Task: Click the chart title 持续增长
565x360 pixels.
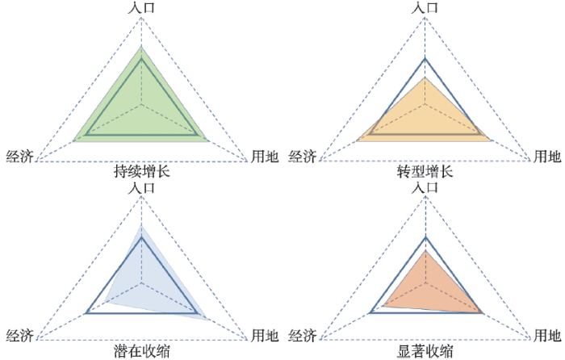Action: tap(141, 171)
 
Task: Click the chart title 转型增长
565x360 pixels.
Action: tap(425, 171)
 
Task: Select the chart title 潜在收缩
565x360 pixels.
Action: tap(141, 351)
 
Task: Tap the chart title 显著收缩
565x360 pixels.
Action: tap(425, 351)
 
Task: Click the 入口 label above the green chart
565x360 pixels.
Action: tap(141, 7)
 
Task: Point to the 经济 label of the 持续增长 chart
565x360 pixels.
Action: tap(20, 157)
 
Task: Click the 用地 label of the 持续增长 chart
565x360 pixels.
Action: tap(265, 157)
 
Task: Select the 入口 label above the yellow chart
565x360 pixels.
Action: tap(425, 7)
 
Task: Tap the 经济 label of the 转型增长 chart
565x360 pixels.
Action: tap(303, 157)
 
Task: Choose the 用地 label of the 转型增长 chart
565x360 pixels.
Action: tap(547, 157)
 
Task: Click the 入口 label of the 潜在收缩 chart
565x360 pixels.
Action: tap(141, 187)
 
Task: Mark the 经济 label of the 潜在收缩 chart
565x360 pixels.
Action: tap(20, 336)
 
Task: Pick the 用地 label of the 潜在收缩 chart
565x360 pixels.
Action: tap(265, 336)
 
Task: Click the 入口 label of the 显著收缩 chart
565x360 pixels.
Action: tap(425, 187)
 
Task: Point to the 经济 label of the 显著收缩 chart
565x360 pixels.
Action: tap(303, 336)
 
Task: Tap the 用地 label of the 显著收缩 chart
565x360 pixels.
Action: tap(547, 336)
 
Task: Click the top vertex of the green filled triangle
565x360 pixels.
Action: tap(141, 47)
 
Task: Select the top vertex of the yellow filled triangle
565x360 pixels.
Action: tap(425, 77)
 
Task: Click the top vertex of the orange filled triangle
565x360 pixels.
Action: tap(425, 249)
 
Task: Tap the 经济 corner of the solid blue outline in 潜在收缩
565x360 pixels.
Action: tap(86, 313)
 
